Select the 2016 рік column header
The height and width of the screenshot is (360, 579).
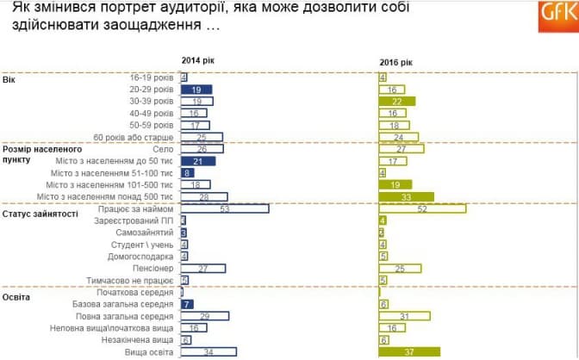pyautogui.click(x=396, y=62)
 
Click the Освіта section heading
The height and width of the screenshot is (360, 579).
pyautogui.click(x=18, y=296)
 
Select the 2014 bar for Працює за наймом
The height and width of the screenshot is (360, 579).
pyautogui.click(x=225, y=208)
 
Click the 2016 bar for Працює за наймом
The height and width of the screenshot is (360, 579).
pyautogui.click(x=422, y=208)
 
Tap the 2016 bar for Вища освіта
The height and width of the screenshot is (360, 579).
pyautogui.click(x=409, y=352)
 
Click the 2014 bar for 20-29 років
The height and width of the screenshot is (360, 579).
pyautogui.click(x=196, y=89)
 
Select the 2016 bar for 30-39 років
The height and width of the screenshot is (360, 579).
pyautogui.click(x=396, y=101)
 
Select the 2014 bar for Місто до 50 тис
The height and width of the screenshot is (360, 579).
pyautogui.click(x=198, y=161)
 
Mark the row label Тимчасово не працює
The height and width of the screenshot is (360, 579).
pyautogui.click(x=134, y=280)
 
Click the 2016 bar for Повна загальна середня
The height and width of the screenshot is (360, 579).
pyautogui.click(x=405, y=316)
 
